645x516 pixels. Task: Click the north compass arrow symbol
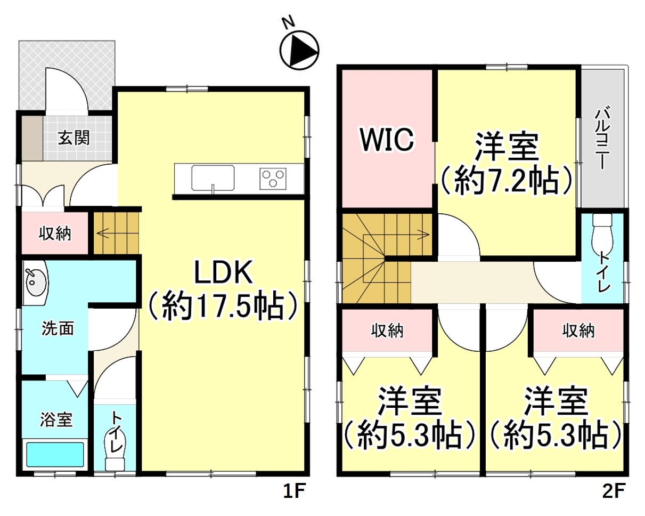tap(299, 51)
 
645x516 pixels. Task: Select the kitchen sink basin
tap(213, 178)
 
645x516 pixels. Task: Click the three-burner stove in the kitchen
tap(273, 178)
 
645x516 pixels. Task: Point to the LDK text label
tap(223, 273)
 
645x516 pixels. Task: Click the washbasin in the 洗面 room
tap(36, 283)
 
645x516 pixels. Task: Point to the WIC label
tap(387, 140)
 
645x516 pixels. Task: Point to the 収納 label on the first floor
tap(55, 233)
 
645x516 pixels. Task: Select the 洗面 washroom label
tap(57, 328)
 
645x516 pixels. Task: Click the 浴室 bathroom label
tap(56, 420)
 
